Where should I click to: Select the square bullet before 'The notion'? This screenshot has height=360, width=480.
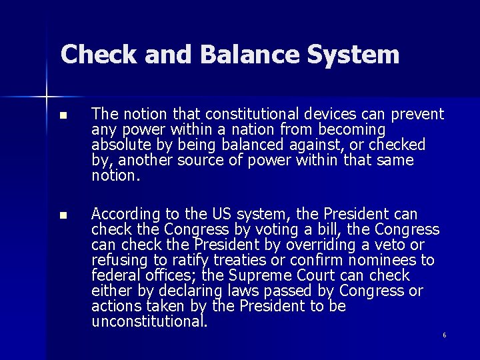click(63, 115)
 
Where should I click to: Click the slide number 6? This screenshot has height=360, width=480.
click(444, 335)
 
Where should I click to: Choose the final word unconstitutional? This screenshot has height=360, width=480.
click(149, 321)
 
